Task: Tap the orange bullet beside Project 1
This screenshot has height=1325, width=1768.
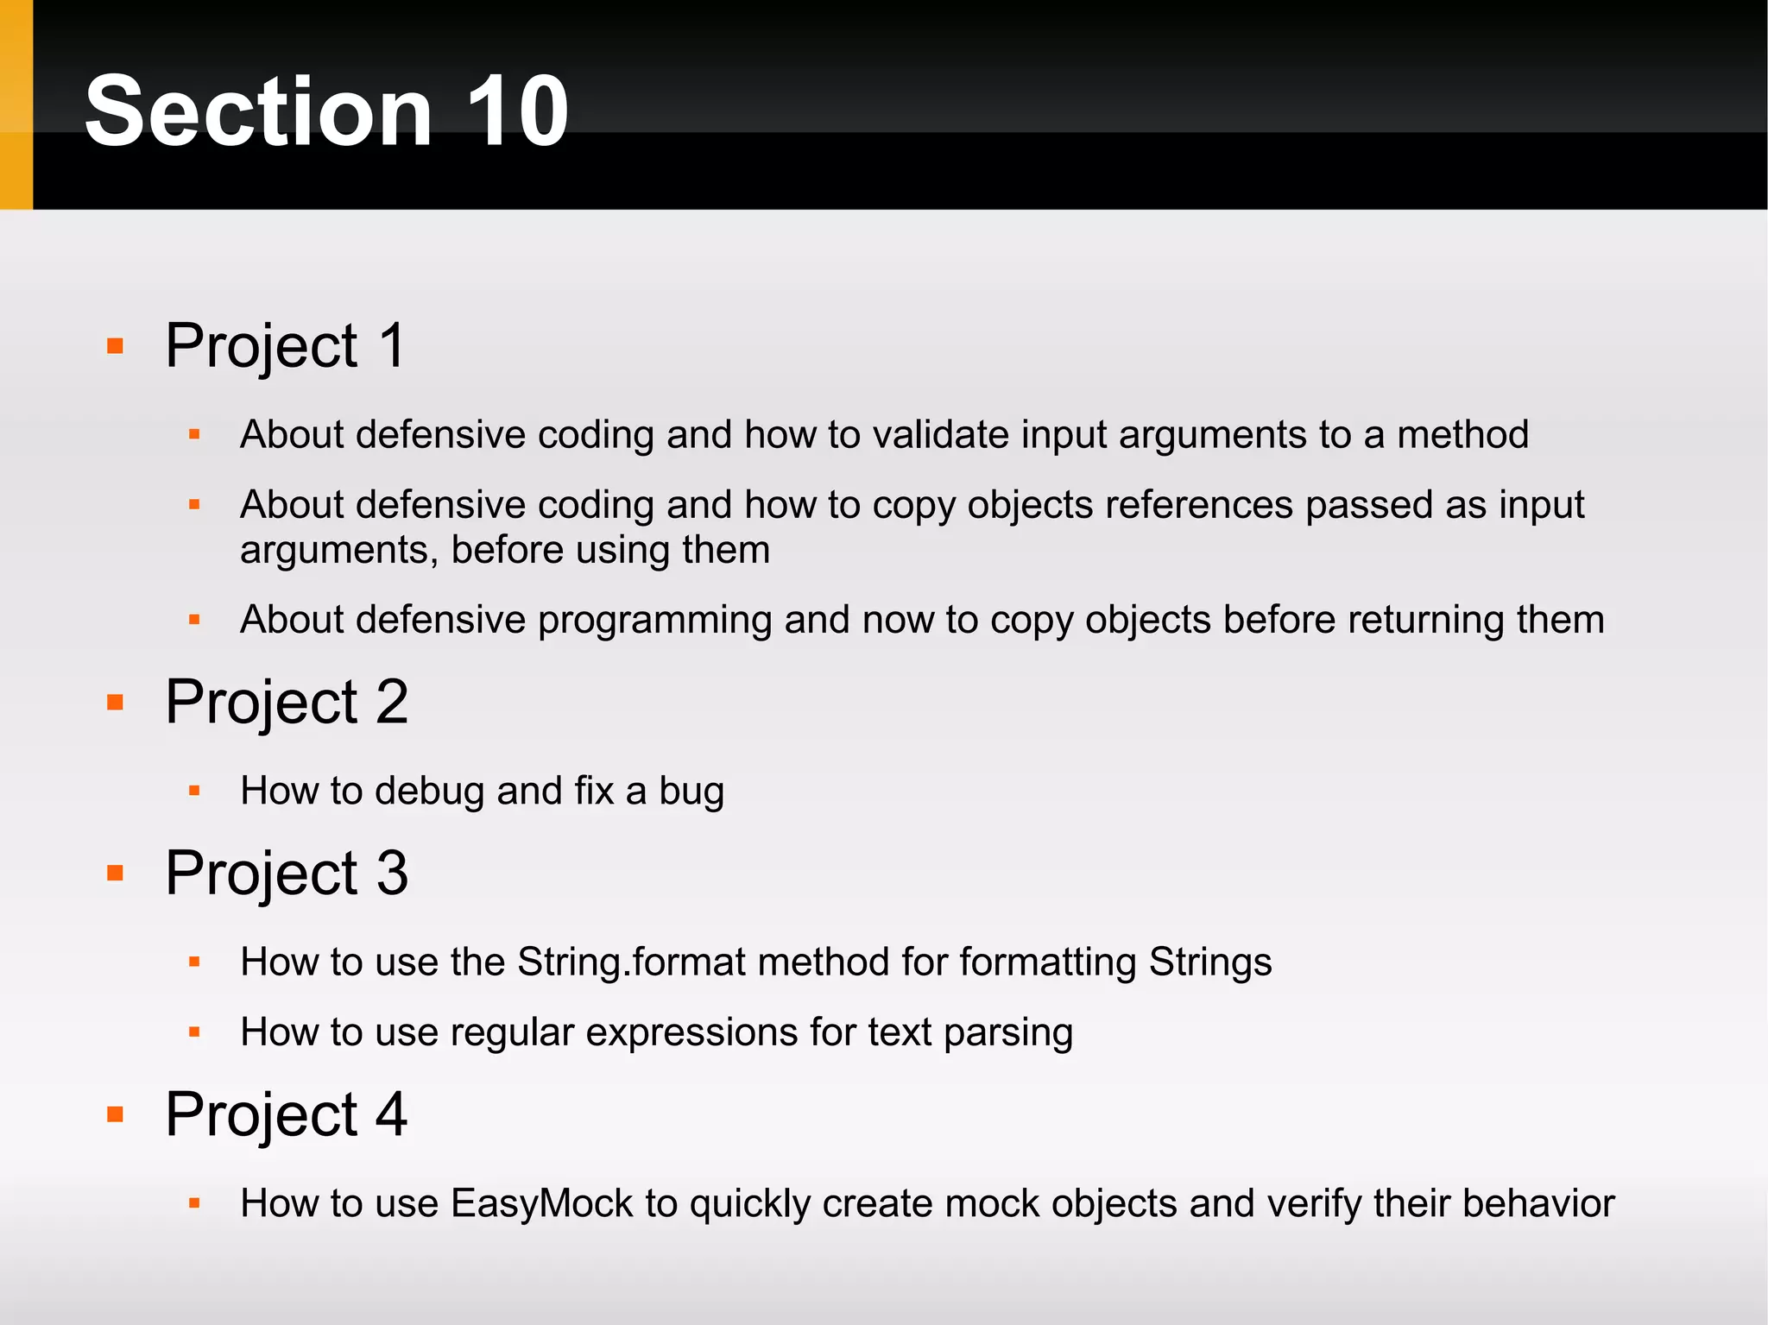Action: click(115, 347)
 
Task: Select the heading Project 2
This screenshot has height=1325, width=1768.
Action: click(286, 702)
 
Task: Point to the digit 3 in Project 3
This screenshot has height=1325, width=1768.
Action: click(392, 873)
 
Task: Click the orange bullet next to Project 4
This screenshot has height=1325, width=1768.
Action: click(115, 1114)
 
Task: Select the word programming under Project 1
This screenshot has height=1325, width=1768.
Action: click(654, 621)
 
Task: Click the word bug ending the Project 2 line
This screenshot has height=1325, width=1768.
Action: click(691, 792)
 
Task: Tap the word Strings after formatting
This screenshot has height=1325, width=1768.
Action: click(1209, 962)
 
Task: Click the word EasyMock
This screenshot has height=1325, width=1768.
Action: click(541, 1204)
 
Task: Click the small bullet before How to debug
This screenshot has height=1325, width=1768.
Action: click(194, 791)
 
